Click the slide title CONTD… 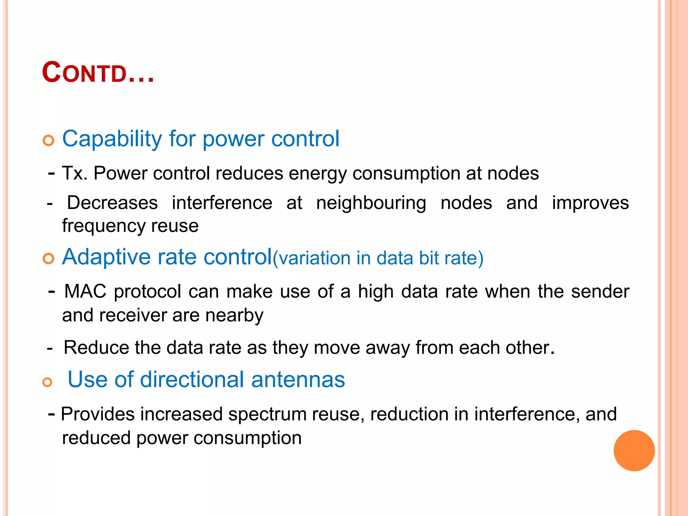(x=98, y=73)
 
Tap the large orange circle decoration (x=634, y=450)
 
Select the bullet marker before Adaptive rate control (x=48, y=259)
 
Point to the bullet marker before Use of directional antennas (x=48, y=382)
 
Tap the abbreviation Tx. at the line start (x=75, y=173)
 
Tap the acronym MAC (x=85, y=291)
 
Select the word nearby (x=234, y=315)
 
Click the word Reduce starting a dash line (x=96, y=347)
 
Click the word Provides (x=98, y=414)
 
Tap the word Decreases (x=112, y=203)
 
